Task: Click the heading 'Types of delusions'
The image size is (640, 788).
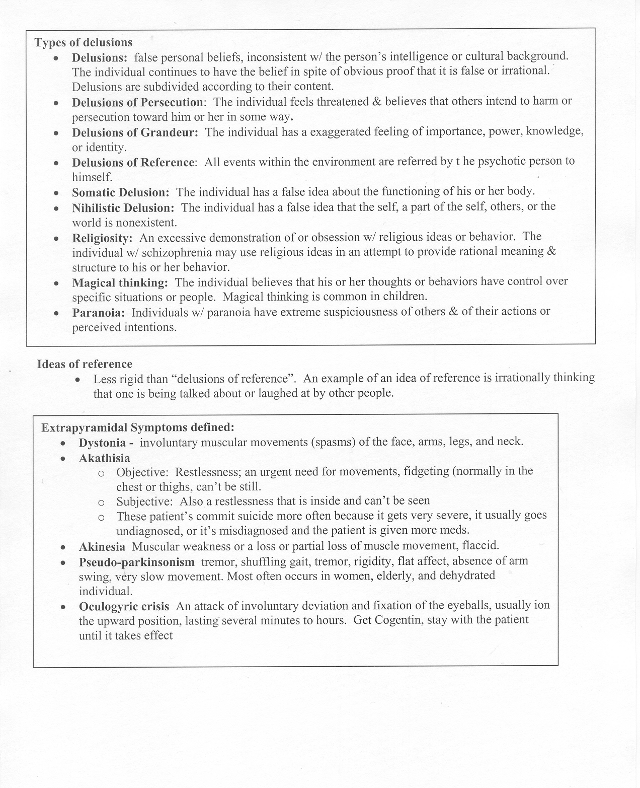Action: coord(84,42)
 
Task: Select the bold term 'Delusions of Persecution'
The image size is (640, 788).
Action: coord(137,102)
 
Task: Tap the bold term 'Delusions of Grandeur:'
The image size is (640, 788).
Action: coord(135,132)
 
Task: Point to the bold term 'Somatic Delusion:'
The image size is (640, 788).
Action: coord(121,192)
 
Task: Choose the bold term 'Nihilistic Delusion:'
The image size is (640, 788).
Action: coord(123,207)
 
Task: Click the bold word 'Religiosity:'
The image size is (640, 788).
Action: coord(103,238)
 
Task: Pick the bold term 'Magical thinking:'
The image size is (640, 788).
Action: coord(120,282)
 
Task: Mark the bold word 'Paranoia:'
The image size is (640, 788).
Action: coord(99,313)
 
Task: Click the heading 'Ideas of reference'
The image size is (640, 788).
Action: coord(85,364)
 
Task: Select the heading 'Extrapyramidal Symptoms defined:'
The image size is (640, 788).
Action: coord(138,427)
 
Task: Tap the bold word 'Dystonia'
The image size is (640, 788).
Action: coord(102,443)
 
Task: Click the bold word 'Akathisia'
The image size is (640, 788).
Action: coord(104,458)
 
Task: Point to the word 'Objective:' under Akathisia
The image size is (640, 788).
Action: coord(142,472)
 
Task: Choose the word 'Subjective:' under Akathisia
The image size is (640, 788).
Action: coord(144,501)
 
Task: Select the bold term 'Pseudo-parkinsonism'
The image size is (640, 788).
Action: coord(136,561)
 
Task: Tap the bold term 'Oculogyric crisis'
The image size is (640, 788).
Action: coord(124,606)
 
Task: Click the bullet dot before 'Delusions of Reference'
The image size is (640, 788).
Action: coord(57,163)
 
